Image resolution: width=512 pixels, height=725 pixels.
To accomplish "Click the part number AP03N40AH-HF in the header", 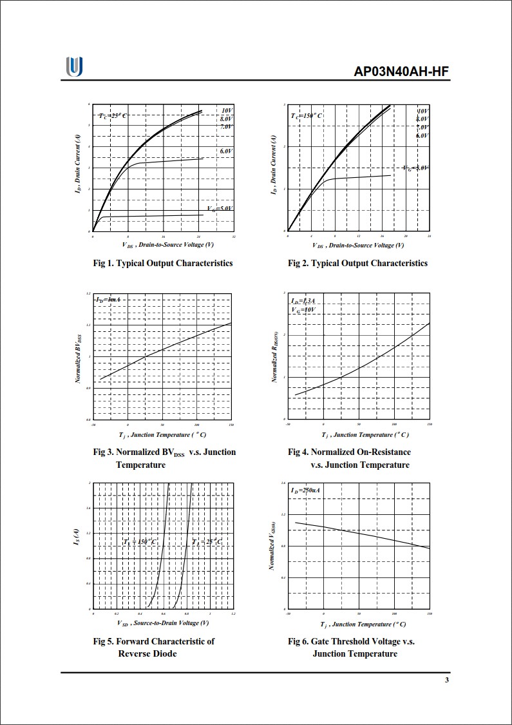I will (x=401, y=72).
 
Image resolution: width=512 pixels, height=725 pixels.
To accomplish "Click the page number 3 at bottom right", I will (x=446, y=682).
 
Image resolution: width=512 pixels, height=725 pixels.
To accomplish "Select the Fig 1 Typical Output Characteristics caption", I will (x=163, y=263).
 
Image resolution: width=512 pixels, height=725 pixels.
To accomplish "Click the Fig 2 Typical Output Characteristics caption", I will (x=357, y=263).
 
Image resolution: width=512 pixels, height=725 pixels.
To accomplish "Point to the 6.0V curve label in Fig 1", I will (x=225, y=151).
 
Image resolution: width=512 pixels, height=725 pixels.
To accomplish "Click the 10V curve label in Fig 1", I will (x=227, y=111).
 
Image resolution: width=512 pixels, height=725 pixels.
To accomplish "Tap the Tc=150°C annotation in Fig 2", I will (x=307, y=115).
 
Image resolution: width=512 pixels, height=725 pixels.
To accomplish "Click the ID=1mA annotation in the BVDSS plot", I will (x=108, y=300).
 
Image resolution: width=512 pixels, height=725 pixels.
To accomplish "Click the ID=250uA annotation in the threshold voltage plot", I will (x=305, y=490).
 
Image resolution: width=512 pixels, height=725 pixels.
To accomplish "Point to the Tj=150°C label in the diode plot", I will (x=140, y=542).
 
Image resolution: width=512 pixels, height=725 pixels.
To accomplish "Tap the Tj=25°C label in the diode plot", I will (x=207, y=542).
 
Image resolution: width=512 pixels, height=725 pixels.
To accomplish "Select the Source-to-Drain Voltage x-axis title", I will (x=163, y=623).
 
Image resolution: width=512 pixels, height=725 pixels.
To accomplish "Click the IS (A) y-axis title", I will (x=76, y=539).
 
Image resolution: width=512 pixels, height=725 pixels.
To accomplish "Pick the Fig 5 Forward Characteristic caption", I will (x=153, y=647).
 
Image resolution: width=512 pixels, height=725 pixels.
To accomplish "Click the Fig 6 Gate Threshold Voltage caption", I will (x=352, y=647).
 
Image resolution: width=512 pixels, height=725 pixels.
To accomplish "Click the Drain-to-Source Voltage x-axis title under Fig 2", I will (x=358, y=245).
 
